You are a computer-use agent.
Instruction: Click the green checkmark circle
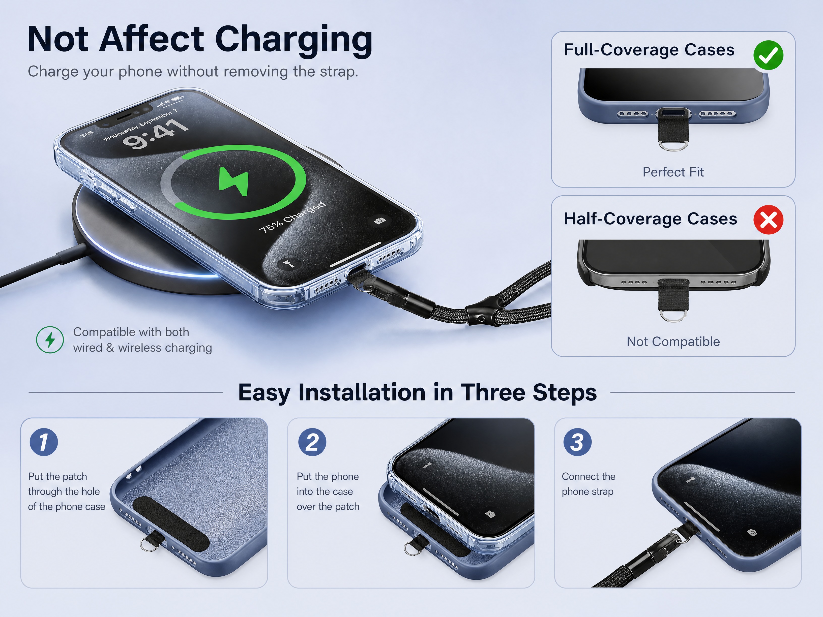pos(768,55)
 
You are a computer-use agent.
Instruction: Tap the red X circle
pos(768,220)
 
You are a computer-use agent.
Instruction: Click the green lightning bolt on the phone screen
pos(234,181)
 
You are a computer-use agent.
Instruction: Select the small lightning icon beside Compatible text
pos(50,340)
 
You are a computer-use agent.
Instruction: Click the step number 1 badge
pos(44,442)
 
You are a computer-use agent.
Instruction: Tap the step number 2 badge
pos(312,442)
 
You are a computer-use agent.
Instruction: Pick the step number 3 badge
pos(577,442)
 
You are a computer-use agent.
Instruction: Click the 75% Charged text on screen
pos(292,217)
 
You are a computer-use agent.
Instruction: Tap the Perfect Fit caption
pos(673,172)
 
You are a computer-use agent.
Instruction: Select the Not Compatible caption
pos(673,342)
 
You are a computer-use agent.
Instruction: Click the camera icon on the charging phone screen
pos(379,221)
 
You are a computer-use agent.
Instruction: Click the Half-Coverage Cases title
pos(650,219)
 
